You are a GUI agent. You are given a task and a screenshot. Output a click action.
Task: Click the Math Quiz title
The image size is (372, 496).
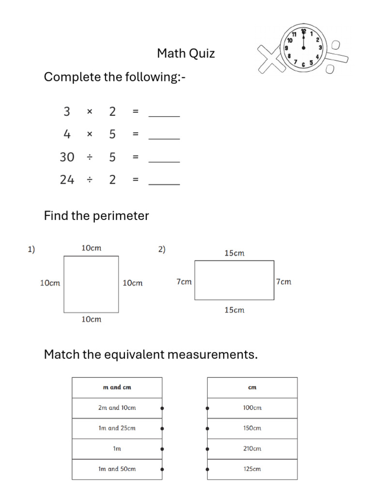[x=186, y=53]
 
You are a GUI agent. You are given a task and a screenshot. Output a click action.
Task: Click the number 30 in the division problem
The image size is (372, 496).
[x=67, y=157]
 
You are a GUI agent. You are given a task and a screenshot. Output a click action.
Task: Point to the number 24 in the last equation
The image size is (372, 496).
[x=67, y=180]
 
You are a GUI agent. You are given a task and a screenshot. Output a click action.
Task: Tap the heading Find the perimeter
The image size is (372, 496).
[x=96, y=216]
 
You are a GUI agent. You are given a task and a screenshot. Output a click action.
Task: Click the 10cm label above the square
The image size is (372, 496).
[x=91, y=248]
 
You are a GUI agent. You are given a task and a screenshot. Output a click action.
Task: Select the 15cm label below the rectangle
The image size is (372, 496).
[x=234, y=310]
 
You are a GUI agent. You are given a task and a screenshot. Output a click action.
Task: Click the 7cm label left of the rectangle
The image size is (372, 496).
[x=184, y=282]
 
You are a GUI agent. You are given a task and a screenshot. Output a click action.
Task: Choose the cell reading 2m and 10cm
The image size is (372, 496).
[x=117, y=408]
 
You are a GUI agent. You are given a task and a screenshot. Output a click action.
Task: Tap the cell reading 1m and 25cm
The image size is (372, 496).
[x=117, y=428]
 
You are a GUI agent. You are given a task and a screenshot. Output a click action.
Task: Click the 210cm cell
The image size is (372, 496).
[x=252, y=449]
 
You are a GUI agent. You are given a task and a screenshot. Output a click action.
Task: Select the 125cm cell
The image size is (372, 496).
[x=252, y=469]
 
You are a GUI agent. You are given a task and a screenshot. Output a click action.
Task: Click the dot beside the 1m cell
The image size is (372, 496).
[x=162, y=449]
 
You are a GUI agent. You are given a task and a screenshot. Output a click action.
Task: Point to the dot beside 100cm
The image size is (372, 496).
[x=207, y=408]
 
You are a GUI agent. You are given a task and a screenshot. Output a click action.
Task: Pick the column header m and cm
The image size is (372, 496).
[x=117, y=387]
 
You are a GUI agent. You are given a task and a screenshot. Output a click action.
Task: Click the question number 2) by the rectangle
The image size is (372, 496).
[x=162, y=249]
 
